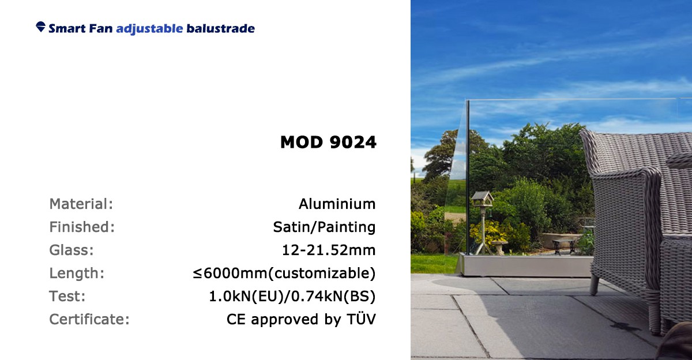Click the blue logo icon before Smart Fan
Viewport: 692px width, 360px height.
tap(40, 27)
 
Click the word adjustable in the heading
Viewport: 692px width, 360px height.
tap(149, 29)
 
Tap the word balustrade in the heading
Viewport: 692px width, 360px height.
tap(220, 28)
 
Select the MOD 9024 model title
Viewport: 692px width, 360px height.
tap(328, 142)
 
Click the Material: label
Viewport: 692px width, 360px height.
tap(81, 204)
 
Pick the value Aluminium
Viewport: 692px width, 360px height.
tap(337, 204)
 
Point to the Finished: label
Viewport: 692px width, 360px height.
tap(82, 227)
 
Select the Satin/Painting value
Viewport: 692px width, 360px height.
tap(324, 227)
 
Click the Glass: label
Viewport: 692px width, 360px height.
tap(72, 250)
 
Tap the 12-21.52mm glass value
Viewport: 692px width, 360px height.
tap(329, 250)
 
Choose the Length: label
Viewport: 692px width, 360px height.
tap(77, 273)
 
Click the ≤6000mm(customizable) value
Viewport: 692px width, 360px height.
tap(284, 273)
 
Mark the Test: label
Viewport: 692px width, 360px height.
tap(67, 296)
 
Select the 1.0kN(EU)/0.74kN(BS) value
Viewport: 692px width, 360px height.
tap(292, 296)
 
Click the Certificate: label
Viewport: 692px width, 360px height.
tap(89, 319)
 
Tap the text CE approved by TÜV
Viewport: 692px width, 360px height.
tap(301, 319)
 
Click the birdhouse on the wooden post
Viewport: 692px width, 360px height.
tap(482, 198)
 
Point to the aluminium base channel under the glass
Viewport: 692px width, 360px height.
tap(525, 265)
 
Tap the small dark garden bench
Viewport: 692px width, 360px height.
tap(564, 246)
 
